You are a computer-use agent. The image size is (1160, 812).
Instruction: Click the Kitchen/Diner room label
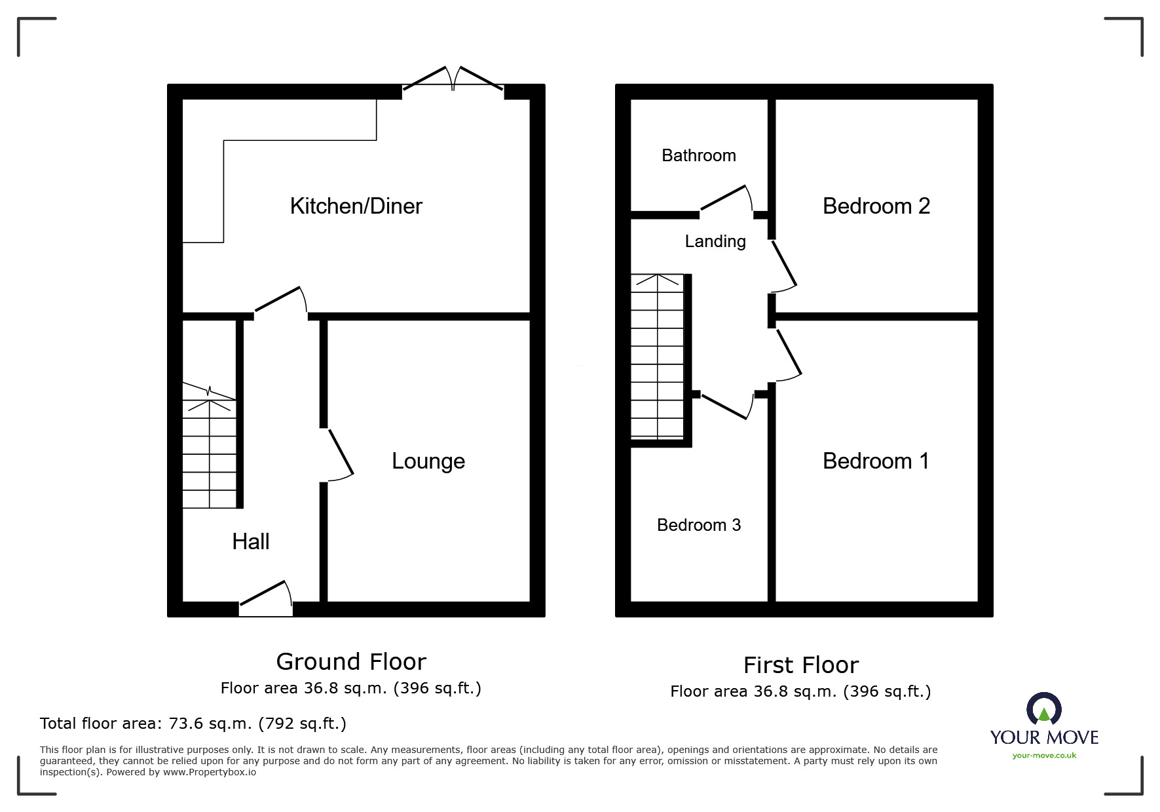[356, 206]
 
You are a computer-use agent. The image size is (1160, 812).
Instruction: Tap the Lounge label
[428, 461]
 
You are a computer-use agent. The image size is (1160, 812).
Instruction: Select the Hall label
[251, 541]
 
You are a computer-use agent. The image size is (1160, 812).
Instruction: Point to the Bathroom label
[699, 155]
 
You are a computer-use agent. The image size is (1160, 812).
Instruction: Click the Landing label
[715, 242]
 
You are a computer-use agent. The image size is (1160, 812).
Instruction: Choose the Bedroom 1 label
[876, 461]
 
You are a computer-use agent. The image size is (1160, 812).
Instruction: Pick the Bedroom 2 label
[876, 206]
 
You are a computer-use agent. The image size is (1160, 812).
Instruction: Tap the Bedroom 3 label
[699, 525]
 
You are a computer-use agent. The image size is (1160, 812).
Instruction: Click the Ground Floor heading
[351, 662]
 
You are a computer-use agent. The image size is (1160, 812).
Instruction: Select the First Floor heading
[801, 665]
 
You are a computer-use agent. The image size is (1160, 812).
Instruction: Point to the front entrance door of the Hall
[266, 598]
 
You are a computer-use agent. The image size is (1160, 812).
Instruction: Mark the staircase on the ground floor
[209, 446]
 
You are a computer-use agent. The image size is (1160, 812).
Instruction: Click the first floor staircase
[657, 357]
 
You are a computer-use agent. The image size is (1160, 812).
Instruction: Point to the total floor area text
[193, 724]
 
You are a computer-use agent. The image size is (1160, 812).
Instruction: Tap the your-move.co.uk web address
[1044, 756]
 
